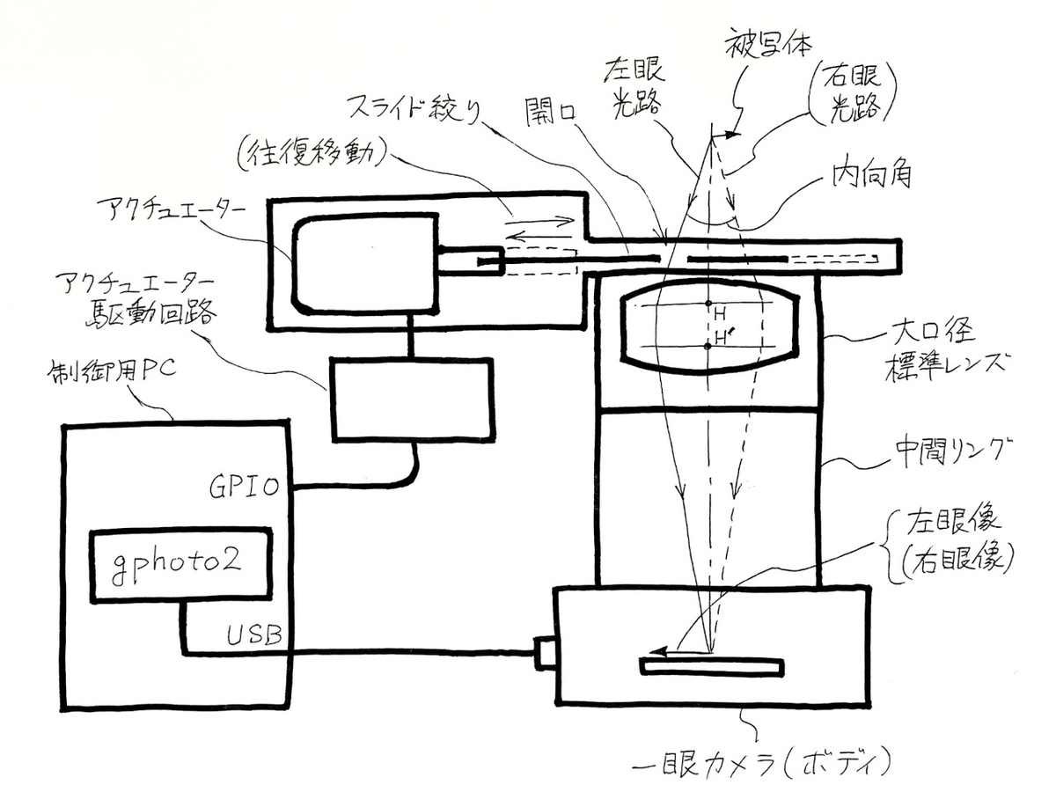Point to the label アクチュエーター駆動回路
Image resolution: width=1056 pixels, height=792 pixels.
pos(133,296)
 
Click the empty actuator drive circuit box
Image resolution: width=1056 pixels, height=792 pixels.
pos(411,400)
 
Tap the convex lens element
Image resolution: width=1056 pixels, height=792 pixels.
pos(708,326)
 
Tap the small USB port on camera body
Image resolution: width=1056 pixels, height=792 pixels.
pos(545,653)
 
